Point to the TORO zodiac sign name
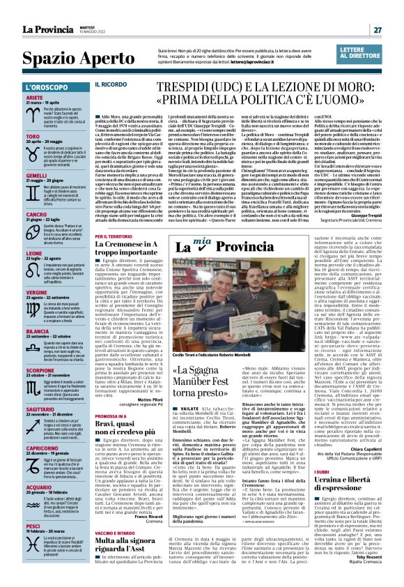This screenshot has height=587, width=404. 33,135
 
